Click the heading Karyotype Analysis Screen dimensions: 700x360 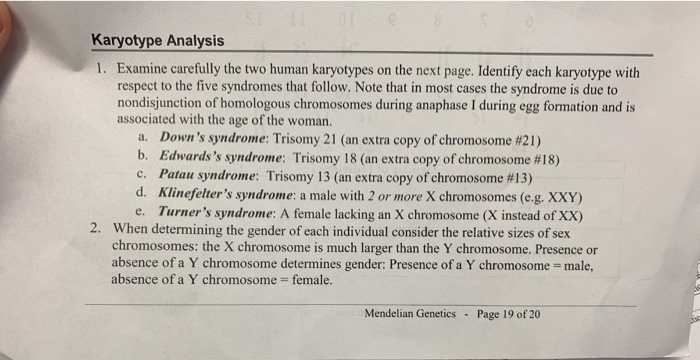pyautogui.click(x=157, y=41)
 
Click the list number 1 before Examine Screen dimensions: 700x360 pyautogui.click(x=100, y=74)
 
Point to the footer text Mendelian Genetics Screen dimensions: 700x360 pyautogui.click(x=410, y=313)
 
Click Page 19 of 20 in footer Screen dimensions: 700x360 pyautogui.click(x=509, y=313)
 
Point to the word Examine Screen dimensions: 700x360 pyautogui.click(x=147, y=73)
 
